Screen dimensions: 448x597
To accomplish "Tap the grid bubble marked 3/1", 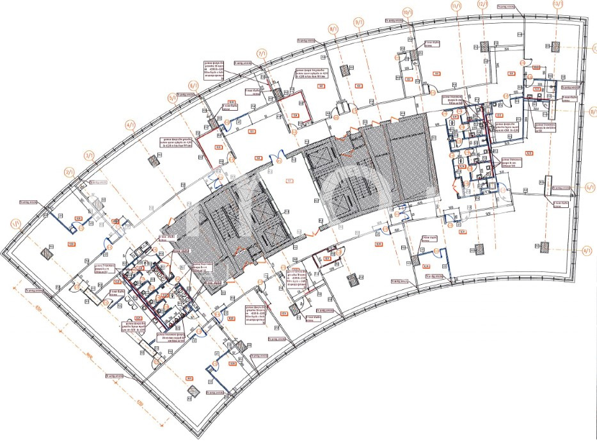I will point(89,156).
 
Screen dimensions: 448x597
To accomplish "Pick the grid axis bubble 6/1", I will point(193,84).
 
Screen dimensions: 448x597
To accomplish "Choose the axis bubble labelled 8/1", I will point(333,29).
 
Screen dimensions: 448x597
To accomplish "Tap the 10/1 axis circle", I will point(408,12).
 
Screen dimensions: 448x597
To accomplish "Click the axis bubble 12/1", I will point(484,5).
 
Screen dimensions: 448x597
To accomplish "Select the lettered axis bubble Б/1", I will point(591,187).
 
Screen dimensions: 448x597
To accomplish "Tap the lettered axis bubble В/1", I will point(593,109).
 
